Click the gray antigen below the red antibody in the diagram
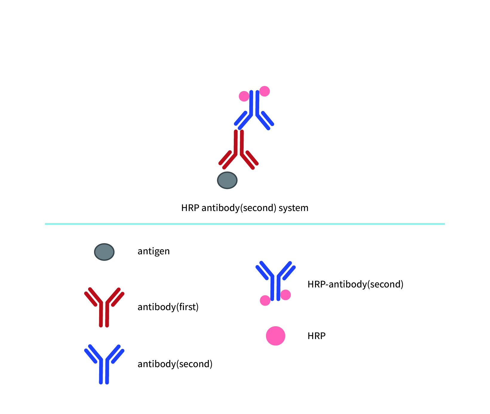pos(227,180)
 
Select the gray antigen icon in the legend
pos(104,252)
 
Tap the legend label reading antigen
pos(153,251)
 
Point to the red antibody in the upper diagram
pos(239,149)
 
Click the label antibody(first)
pos(168,307)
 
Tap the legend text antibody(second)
pos(175,364)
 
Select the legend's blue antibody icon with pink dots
pos(275,282)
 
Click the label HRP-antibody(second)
pos(355,284)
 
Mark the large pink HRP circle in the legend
pos(276,336)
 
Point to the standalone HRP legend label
pos(317,336)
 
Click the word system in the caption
pos(293,208)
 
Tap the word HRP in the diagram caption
pos(190,208)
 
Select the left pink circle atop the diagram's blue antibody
pos(244,96)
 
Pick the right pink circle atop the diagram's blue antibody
pos(265,91)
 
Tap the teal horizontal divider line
pos(245,224)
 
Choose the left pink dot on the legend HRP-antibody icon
pos(265,300)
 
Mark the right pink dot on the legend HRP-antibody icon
pos(285,295)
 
